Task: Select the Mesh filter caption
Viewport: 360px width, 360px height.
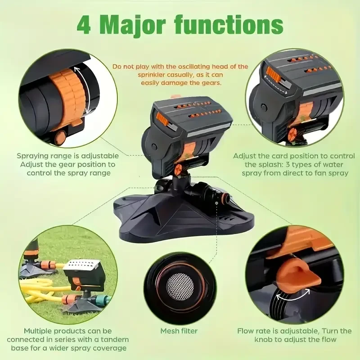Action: [179, 331]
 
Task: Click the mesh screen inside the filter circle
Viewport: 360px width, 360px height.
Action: [180, 285]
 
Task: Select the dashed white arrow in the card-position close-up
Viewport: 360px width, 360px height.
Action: [275, 85]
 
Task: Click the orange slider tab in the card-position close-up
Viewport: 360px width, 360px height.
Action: [273, 74]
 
